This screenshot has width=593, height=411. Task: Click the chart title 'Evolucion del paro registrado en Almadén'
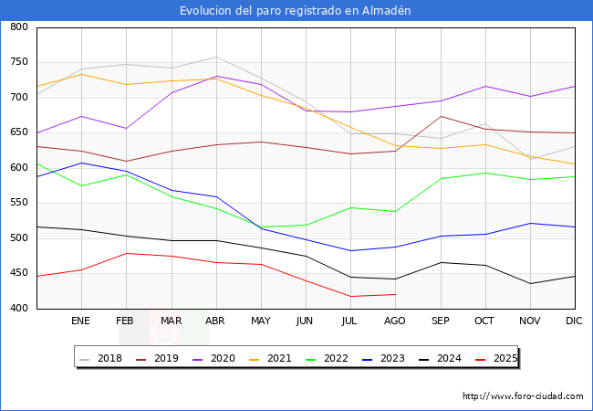point(296,11)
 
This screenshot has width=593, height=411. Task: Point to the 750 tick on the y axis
point(18,62)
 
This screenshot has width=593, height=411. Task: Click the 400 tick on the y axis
point(18,309)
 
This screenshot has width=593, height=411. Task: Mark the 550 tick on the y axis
point(18,203)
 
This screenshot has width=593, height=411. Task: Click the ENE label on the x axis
point(81,321)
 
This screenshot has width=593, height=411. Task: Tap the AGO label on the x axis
point(395,321)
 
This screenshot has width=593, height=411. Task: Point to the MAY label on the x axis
point(261,321)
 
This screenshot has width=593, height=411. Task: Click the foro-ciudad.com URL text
point(523,396)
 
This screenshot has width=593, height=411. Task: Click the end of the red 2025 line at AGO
point(395,294)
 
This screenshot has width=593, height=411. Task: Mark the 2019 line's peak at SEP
point(441,116)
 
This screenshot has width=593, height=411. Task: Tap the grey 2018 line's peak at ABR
point(216,57)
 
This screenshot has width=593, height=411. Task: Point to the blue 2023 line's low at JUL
point(350,250)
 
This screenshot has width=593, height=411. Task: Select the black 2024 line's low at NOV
point(530,283)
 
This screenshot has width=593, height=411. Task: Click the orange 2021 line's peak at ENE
point(81,74)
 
